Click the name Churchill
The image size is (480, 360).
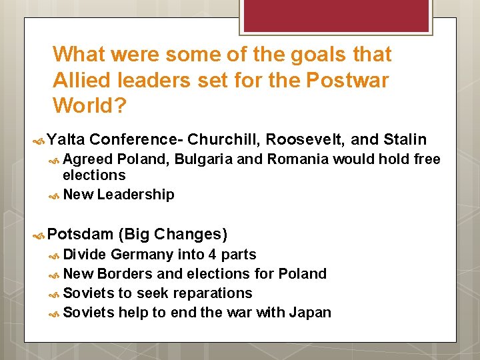tap(224, 139)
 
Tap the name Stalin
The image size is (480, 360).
tap(405, 139)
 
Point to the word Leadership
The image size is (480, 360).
tap(135, 195)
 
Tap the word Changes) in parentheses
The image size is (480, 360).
tap(191, 234)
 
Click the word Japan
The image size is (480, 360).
tap(310, 313)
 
